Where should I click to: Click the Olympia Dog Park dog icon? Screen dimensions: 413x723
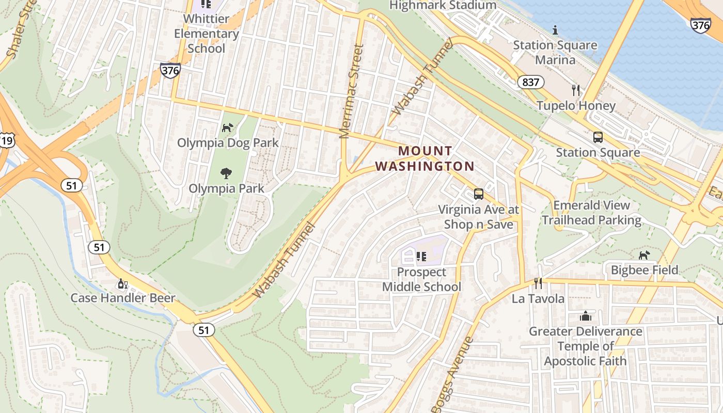point(227,128)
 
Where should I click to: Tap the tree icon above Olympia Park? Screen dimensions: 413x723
point(226,173)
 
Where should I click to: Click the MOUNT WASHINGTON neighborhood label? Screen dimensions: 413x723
point(425,158)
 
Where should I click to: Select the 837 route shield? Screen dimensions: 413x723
point(530,82)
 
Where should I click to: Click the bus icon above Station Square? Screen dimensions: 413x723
point(598,137)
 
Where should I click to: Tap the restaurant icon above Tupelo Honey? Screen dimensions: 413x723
point(576,90)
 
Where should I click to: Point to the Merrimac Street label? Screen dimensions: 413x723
point(352,92)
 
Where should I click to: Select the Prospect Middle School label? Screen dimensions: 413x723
point(421,279)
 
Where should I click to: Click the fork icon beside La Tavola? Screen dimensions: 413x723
point(538,283)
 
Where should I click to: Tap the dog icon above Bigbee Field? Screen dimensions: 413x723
point(644,255)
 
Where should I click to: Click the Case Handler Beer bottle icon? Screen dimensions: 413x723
point(123,283)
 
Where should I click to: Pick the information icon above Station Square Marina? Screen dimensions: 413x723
point(555,30)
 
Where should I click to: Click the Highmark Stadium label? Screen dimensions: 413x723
point(443,5)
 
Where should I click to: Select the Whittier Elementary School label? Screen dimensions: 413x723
point(206,34)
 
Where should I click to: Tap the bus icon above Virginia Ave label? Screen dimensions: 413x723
point(479,195)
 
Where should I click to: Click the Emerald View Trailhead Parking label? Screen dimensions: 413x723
point(591,213)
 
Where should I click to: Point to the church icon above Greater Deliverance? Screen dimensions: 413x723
point(586,316)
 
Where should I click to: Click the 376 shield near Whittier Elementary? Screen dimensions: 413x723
point(170,70)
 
